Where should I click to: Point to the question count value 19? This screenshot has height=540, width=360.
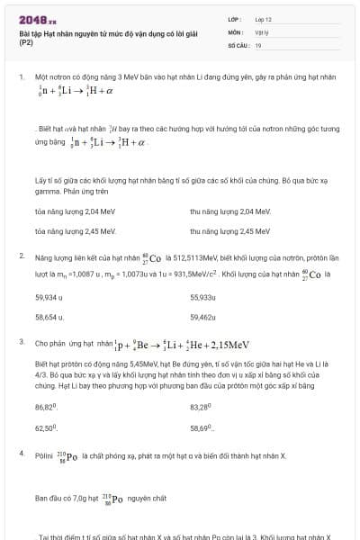(x=258, y=44)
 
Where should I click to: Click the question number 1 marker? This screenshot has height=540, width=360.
(x=21, y=77)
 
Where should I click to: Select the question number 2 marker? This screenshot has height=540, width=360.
(x=21, y=256)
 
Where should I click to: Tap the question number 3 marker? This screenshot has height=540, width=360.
(x=21, y=343)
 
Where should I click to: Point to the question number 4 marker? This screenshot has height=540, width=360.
(x=21, y=454)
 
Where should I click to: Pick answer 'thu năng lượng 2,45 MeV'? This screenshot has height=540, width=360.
(x=218, y=230)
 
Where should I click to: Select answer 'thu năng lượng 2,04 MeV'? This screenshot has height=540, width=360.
(x=218, y=211)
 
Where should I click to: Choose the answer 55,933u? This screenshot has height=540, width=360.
(x=202, y=297)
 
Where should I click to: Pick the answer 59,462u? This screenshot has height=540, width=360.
(x=202, y=317)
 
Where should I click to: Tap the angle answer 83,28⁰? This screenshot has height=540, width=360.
(x=201, y=407)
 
